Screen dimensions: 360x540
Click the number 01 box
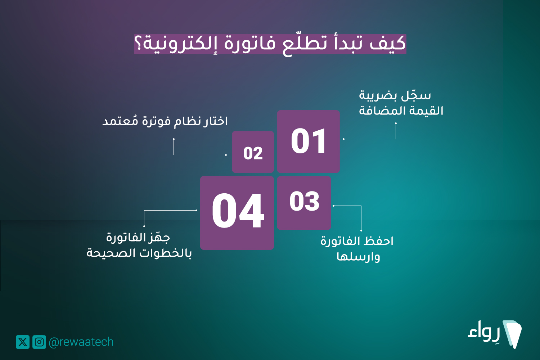pos(308,141)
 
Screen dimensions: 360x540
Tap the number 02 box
pos(253,152)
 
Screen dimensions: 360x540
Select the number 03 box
pos(304,203)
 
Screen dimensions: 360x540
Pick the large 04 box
pos(237,213)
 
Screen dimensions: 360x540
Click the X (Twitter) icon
pos(23,342)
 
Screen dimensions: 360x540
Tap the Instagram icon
pos(39,342)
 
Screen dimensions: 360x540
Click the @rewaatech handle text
pos(81,342)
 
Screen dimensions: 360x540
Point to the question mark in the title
pos(138,44)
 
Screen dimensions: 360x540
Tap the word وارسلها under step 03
pos(358,257)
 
